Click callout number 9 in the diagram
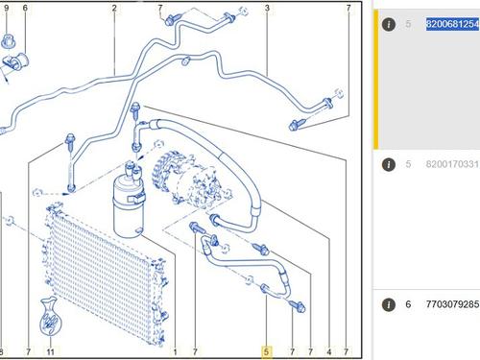(6, 8)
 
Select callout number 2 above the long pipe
(114, 8)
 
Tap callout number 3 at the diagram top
(267, 8)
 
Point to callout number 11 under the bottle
(50, 352)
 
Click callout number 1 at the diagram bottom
(175, 352)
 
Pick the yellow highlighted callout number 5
(266, 352)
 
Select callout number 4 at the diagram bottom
(329, 352)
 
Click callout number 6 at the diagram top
(25, 8)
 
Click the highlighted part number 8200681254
(452, 24)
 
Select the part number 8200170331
(452, 164)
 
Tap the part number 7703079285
(452, 304)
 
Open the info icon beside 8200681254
(389, 24)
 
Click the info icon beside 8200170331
(389, 164)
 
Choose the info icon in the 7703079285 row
(389, 304)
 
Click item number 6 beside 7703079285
(408, 304)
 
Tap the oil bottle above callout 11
(50, 317)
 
